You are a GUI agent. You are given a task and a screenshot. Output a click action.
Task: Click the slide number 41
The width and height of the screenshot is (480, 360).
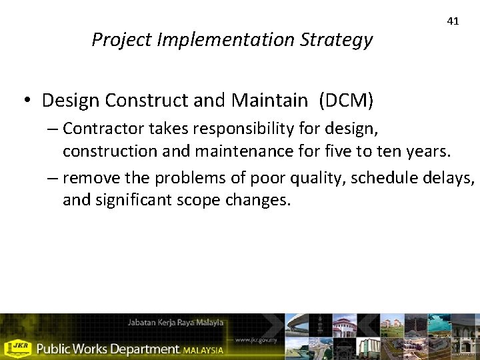[x=453, y=21]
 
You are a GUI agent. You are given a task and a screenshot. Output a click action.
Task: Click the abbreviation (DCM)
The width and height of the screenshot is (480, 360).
[x=346, y=101]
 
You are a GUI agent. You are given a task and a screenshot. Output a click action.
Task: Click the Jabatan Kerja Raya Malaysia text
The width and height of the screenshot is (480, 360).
[x=175, y=323]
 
